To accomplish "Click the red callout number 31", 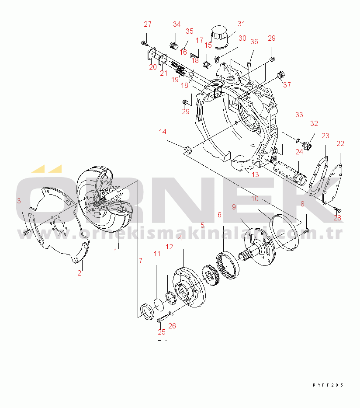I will (241, 24).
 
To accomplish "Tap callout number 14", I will (163, 132).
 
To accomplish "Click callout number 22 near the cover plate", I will (340, 143).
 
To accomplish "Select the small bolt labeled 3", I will (27, 232).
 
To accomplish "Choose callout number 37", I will (287, 85).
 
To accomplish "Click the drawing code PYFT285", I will (328, 385).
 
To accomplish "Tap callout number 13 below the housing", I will (255, 174).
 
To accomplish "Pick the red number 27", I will (148, 24).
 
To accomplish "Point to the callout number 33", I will (299, 115).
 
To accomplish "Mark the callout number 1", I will (116, 251).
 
